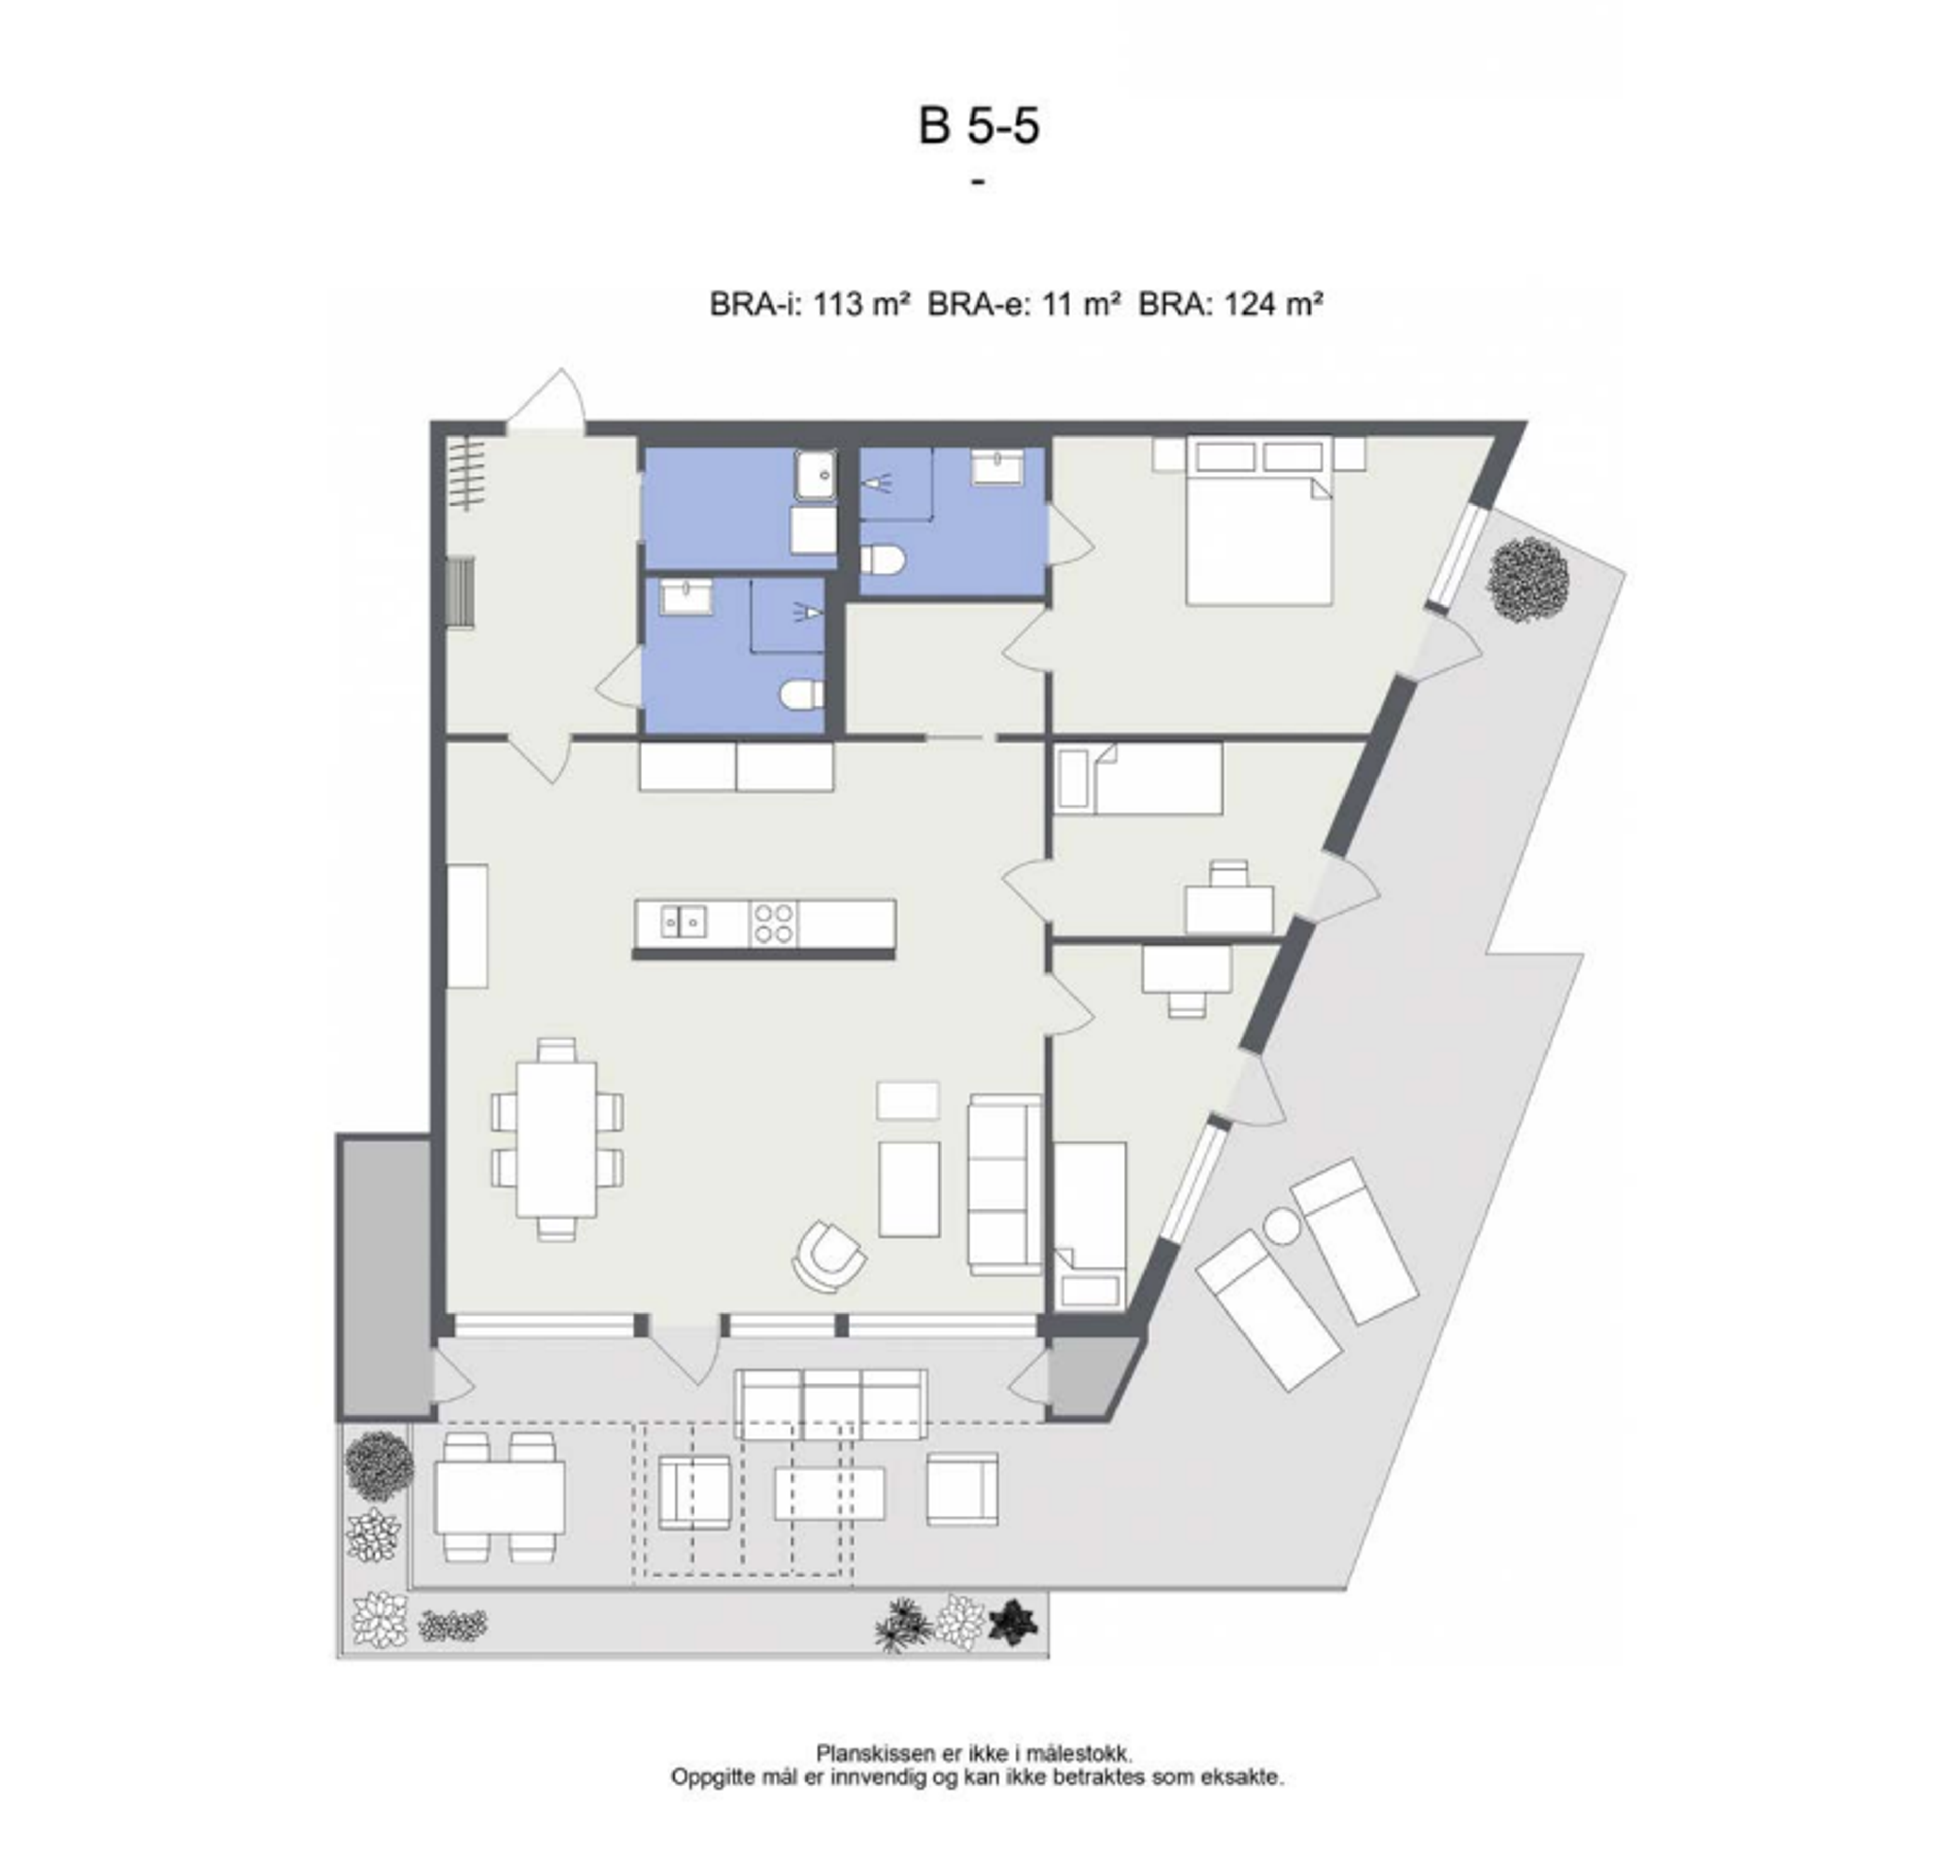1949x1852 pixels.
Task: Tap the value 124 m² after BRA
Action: tap(1272, 304)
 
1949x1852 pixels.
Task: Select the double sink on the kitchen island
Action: tap(683, 922)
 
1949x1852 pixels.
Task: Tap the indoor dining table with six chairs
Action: tap(557, 1138)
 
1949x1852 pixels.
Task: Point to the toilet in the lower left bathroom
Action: tap(802, 694)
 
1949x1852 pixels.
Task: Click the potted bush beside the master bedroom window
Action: tap(1527, 580)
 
